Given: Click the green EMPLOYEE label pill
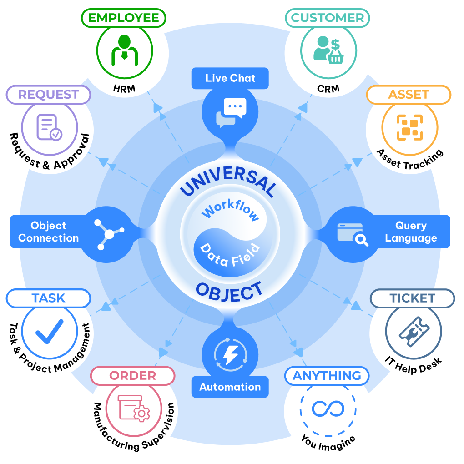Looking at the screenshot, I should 124,18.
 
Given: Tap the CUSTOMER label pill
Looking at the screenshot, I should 328,18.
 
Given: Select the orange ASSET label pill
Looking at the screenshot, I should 409,95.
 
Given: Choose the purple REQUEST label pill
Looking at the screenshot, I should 49,95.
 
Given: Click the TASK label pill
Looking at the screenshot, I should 49,298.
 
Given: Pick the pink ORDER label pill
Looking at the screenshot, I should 132,376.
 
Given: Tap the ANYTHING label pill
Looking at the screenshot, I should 327,376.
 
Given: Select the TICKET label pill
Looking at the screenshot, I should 412,298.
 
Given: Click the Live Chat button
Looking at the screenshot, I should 230,78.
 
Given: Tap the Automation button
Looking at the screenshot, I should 230,387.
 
